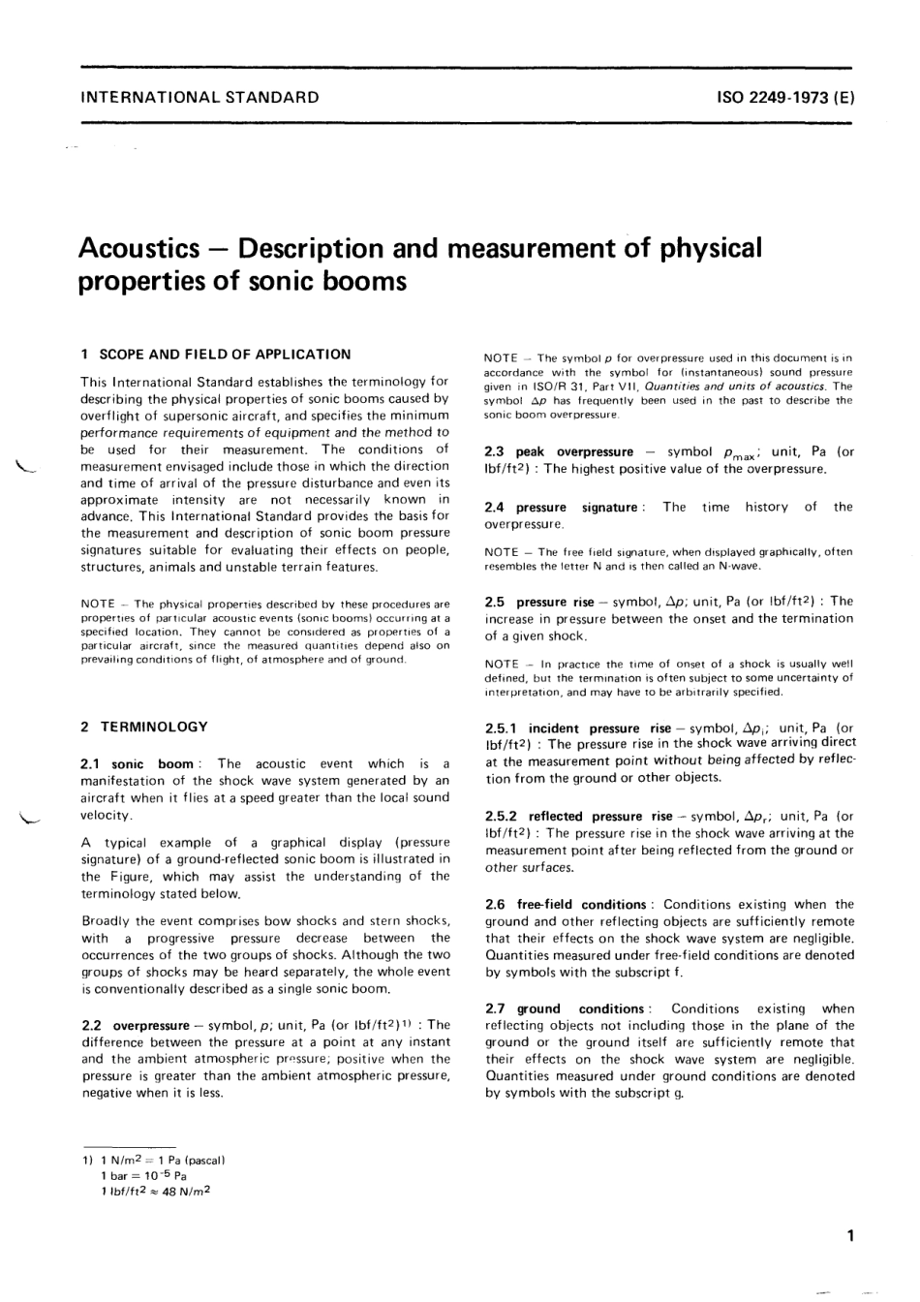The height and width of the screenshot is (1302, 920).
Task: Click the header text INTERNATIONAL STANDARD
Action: pyautogui.click(x=199, y=97)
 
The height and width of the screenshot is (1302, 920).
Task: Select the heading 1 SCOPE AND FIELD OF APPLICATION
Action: pyautogui.click(x=216, y=355)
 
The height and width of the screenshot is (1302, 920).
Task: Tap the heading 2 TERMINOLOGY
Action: pyautogui.click(x=144, y=727)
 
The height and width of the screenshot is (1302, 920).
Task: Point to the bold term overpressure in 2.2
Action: pyautogui.click(x=151, y=1024)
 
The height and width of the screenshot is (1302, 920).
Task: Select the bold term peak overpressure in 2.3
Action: pyautogui.click(x=574, y=451)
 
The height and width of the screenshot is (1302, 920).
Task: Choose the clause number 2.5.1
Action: pyautogui.click(x=502, y=728)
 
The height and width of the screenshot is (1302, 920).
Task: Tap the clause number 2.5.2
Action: pyautogui.click(x=502, y=817)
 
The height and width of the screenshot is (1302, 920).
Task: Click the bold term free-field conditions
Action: pyautogui.click(x=581, y=904)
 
